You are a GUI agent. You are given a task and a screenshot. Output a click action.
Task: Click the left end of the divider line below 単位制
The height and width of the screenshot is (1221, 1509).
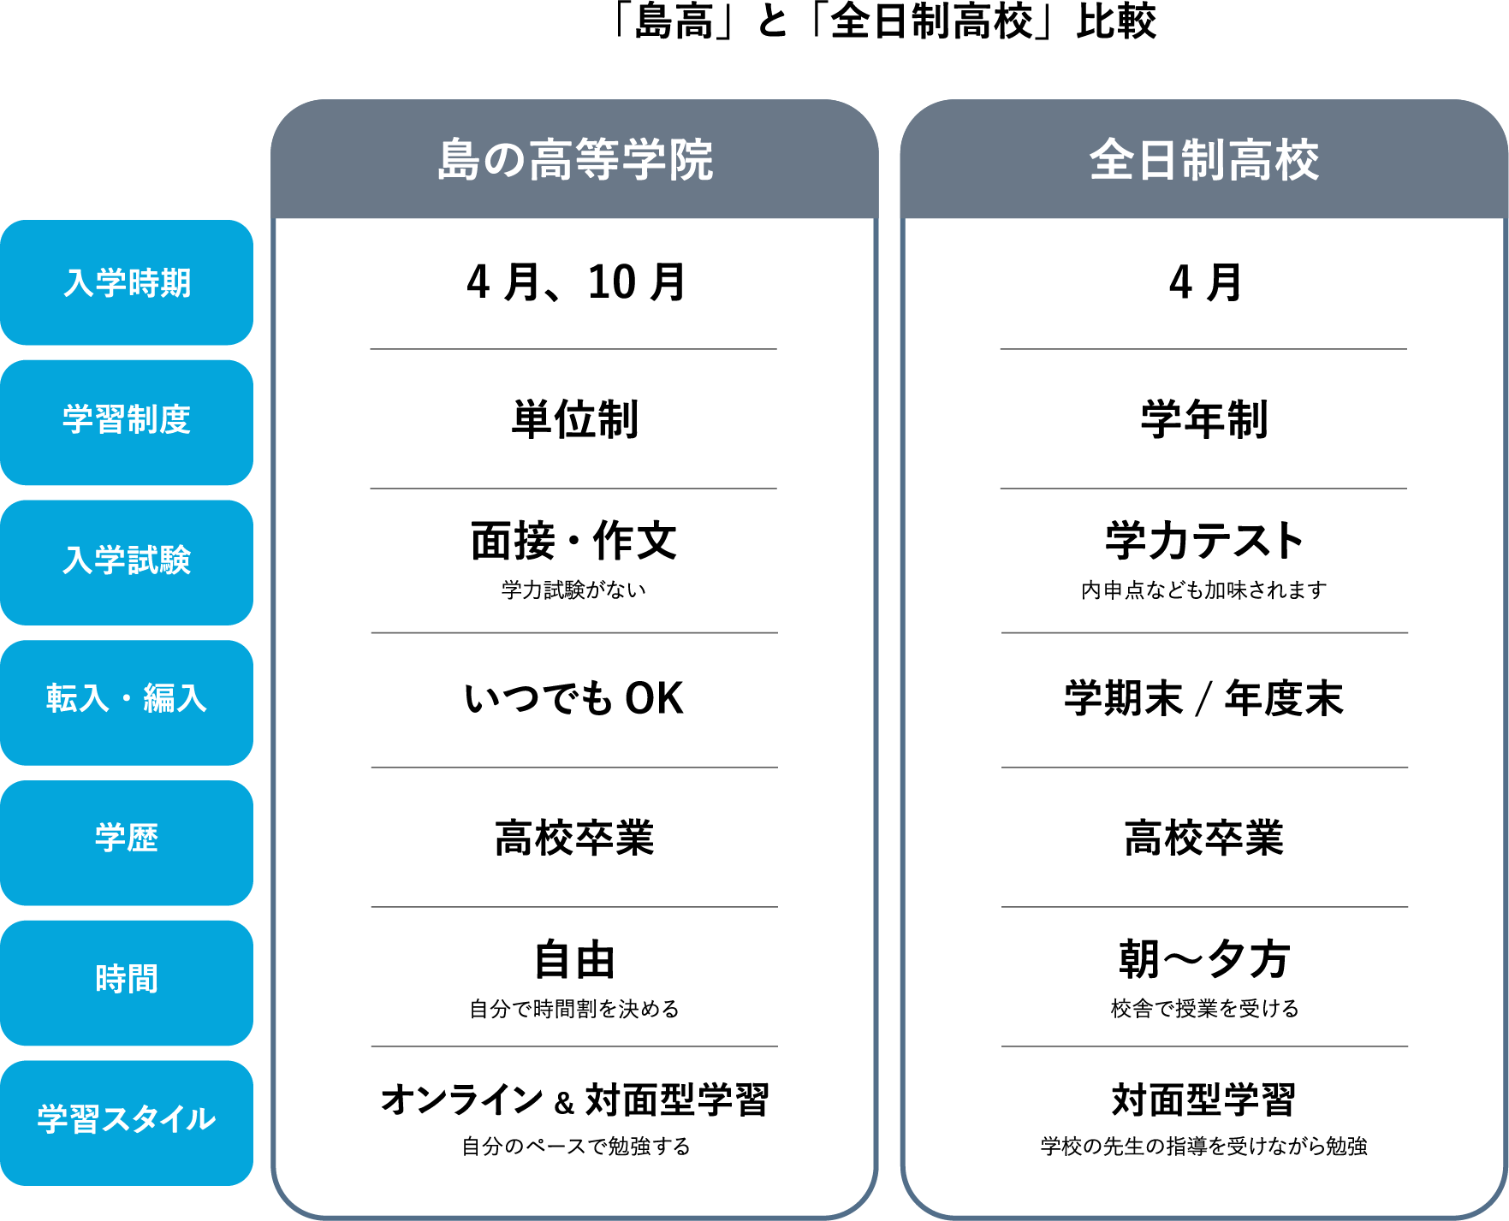point(371,489)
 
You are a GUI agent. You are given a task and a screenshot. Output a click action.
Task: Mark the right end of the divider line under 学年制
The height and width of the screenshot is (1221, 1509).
point(1407,489)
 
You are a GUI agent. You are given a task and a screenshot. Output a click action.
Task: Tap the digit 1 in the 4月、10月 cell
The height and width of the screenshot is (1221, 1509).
point(597,282)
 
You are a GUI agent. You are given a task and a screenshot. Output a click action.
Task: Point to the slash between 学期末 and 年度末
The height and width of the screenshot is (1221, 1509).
point(1204,699)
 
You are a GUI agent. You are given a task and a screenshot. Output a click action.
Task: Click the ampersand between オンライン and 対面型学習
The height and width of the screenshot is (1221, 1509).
point(564,1103)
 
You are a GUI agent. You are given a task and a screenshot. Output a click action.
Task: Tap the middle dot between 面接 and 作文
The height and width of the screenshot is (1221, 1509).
point(573,542)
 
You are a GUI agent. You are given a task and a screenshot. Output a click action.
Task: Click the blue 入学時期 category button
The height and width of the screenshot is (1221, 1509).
point(127,282)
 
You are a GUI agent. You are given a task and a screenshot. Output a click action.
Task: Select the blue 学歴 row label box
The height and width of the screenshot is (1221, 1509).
point(127,843)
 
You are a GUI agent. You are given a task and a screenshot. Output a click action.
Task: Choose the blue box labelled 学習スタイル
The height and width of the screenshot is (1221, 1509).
point(127,1123)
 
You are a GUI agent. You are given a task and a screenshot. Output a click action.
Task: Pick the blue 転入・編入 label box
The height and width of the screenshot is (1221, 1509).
point(127,702)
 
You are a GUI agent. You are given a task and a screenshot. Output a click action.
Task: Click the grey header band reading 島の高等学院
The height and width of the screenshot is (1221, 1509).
point(574,159)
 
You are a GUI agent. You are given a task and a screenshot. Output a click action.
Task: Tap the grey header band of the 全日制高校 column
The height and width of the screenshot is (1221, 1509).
point(1204,159)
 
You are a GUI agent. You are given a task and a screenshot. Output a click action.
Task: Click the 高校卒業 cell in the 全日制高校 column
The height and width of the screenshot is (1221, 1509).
point(1204,838)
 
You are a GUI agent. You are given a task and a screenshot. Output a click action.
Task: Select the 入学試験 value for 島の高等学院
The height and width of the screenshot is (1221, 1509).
point(573,541)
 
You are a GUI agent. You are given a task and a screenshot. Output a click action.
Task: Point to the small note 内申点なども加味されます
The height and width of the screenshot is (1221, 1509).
point(1204,590)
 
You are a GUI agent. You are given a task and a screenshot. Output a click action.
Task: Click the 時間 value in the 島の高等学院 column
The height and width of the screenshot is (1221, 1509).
point(574,960)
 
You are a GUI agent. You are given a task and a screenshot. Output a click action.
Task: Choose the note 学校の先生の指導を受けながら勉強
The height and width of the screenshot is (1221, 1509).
point(1204,1146)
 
